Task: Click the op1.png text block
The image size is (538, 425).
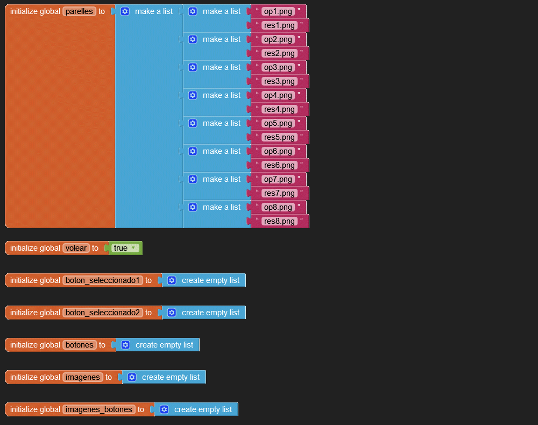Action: point(278,11)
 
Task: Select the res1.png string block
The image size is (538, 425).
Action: point(279,25)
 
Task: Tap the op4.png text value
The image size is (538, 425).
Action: point(278,95)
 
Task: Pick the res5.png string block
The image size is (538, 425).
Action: point(279,137)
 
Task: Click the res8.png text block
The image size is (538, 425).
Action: point(279,221)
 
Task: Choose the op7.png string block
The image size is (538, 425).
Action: point(278,179)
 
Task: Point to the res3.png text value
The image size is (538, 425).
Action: point(279,81)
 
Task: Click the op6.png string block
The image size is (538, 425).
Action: point(278,151)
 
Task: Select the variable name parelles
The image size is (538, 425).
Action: point(79,11)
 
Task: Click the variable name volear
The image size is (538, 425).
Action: point(76,248)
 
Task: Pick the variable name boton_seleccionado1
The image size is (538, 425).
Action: point(103,280)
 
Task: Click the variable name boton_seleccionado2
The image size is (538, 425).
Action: point(103,313)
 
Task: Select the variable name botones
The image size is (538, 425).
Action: point(80,345)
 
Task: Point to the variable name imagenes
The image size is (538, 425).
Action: point(83,377)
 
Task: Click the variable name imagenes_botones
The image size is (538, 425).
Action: point(99,409)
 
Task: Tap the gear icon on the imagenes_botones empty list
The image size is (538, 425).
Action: point(164,409)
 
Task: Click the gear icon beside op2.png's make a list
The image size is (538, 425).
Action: point(193,39)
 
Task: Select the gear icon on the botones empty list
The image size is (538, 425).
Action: point(125,345)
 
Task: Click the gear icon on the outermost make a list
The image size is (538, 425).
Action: point(125,11)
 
